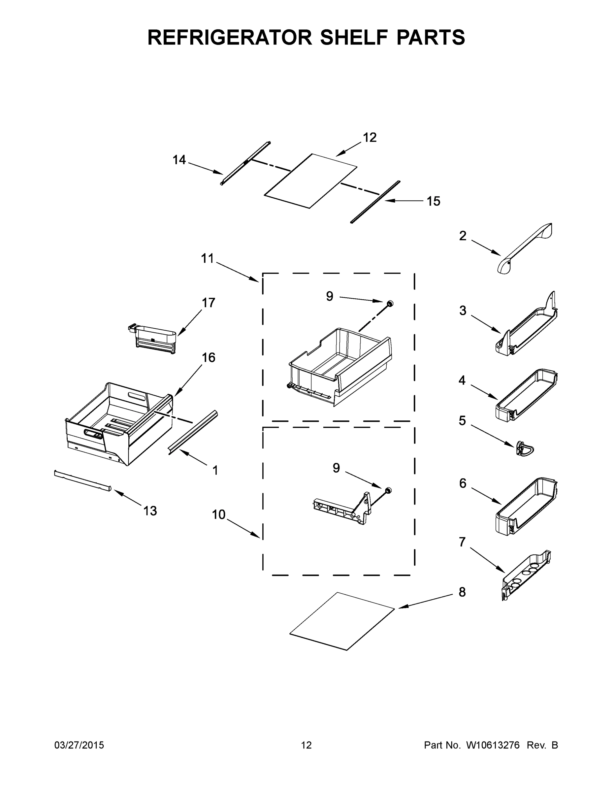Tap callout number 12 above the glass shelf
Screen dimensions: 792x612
click(370, 137)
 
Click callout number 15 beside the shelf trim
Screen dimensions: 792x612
click(433, 201)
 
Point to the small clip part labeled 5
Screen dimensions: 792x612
click(524, 450)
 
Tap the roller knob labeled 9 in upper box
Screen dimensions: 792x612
click(390, 304)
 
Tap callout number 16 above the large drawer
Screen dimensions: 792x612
click(209, 358)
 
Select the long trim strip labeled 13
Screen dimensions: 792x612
click(83, 481)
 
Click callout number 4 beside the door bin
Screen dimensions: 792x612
click(462, 380)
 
